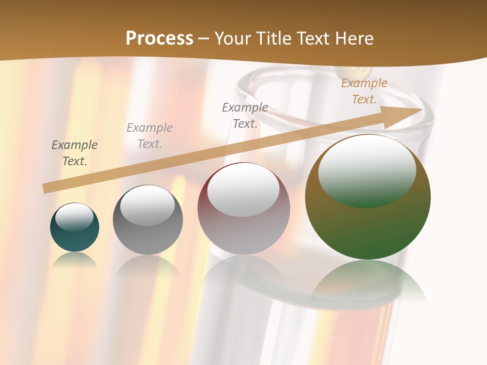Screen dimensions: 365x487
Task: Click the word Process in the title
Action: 159,39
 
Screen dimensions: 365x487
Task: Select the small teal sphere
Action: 75,228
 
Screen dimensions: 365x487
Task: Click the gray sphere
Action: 148,220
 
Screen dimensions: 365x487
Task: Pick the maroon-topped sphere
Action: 243,209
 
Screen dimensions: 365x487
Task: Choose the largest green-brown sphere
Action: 368,197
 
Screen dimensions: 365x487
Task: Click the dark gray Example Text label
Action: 75,153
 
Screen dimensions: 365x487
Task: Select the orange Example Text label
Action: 364,91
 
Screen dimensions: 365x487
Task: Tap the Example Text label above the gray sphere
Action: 150,136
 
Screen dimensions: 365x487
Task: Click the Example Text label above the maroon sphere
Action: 245,116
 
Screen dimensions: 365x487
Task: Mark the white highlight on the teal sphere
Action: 75,216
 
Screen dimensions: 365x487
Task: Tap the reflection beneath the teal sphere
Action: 75,260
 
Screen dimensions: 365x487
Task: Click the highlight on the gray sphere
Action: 147,206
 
